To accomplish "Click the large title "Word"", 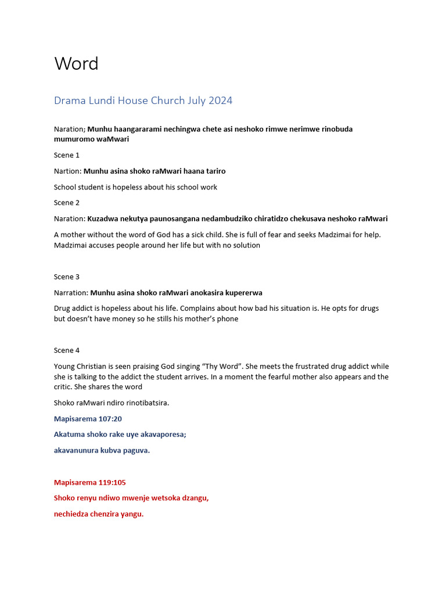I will (76, 63).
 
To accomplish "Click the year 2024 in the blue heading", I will (221, 101).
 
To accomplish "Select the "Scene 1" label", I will (67, 155).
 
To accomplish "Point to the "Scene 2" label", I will (67, 203).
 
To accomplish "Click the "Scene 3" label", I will (67, 277).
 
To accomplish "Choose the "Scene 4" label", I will (67, 350).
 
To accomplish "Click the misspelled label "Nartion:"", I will (67, 171).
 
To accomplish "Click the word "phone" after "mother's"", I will (226, 319).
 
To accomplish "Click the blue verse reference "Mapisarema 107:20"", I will (88, 419).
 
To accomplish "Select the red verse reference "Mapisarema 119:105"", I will (90, 482).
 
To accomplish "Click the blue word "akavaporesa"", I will (162, 435).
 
